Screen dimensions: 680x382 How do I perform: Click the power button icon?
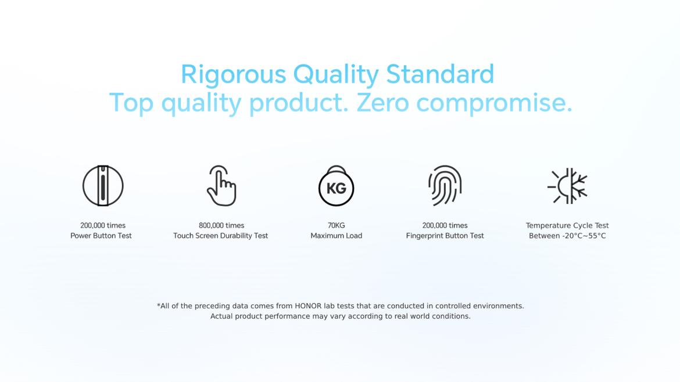coord(103,186)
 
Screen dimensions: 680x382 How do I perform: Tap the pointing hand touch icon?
coord(221,185)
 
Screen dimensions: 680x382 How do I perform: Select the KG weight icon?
coord(336,186)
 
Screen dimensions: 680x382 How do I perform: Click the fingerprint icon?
coord(445,185)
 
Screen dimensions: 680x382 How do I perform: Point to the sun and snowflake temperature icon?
coord(567,186)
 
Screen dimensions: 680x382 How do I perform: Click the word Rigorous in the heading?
coord(233,74)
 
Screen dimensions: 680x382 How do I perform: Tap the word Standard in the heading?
coord(440,74)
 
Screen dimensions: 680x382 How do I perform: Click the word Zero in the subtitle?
coord(382,103)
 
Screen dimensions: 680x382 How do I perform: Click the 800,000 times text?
coord(221,225)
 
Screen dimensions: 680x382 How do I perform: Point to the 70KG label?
coord(336,225)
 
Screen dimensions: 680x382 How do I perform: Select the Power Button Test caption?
coord(101,236)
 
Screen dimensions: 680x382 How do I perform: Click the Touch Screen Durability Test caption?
coord(221,236)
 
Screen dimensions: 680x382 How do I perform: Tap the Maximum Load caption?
coord(336,236)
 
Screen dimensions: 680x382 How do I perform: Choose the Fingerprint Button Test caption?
coord(445,236)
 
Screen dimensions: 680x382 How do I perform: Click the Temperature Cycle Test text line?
coord(567,225)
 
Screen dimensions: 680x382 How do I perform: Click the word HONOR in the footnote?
coord(308,306)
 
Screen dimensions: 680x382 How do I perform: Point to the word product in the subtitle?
coord(298,104)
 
